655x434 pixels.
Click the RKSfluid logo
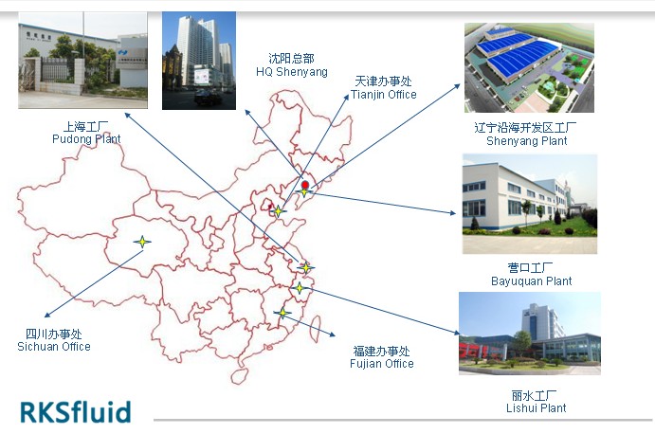(x=76, y=411)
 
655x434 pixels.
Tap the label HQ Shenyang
(x=292, y=65)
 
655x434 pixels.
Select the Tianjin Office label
(x=384, y=88)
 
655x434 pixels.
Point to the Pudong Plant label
(x=86, y=133)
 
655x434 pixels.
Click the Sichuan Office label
(x=54, y=340)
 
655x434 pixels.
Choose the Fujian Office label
(x=382, y=357)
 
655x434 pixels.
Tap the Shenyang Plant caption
(x=526, y=134)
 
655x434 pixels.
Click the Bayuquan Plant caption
(x=531, y=275)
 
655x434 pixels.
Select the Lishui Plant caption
(x=536, y=402)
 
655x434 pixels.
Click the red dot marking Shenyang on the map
(x=305, y=185)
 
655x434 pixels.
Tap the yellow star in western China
(x=142, y=242)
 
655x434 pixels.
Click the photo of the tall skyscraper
(x=199, y=61)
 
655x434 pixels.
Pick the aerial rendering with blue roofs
(x=529, y=67)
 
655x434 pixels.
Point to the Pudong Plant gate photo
(x=82, y=60)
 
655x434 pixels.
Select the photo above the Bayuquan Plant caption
(x=530, y=204)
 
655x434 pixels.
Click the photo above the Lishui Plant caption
(x=530, y=334)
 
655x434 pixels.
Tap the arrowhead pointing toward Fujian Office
(x=332, y=335)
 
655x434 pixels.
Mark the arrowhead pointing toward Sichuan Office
(x=47, y=315)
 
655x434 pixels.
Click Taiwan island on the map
(x=316, y=327)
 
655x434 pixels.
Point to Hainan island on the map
(x=240, y=376)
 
